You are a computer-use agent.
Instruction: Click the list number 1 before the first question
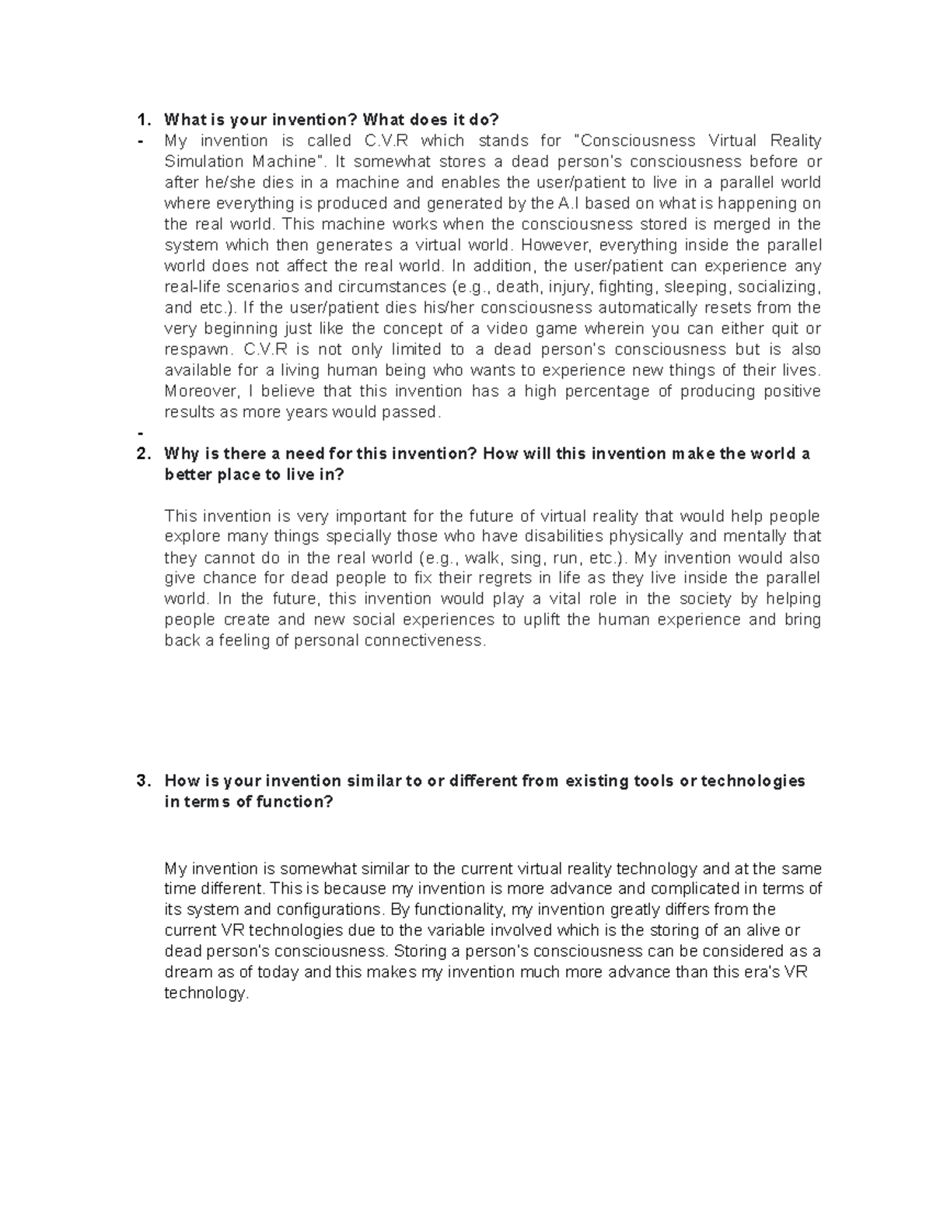click(x=141, y=120)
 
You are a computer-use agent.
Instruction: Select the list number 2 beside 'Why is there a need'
click(x=141, y=454)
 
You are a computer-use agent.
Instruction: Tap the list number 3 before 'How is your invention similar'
click(x=141, y=781)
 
